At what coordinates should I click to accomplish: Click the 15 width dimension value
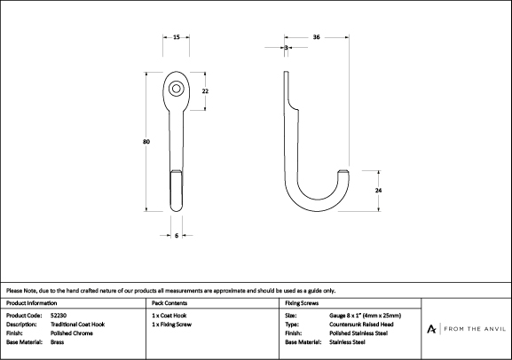click(177, 37)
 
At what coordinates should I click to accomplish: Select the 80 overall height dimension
click(146, 142)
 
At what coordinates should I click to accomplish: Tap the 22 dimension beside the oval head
click(205, 91)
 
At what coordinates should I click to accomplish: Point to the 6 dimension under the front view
click(177, 235)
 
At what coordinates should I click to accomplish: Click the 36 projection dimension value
click(316, 37)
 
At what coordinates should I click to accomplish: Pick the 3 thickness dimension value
click(286, 48)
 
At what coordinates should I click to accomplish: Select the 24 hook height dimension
click(378, 191)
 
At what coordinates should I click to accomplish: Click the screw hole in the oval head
click(177, 89)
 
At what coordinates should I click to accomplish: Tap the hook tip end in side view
click(343, 172)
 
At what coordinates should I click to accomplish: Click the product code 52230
click(59, 316)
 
